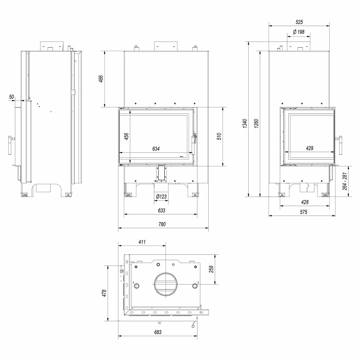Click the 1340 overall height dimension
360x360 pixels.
pyautogui.click(x=245, y=123)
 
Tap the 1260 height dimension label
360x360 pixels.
pyautogui.click(x=256, y=123)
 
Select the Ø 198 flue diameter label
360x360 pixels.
pyautogui.click(x=299, y=32)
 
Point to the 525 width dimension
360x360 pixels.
pyautogui.click(x=299, y=22)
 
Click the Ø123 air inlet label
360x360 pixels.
pyautogui.click(x=161, y=196)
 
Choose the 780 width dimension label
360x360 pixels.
pyautogui.click(x=162, y=224)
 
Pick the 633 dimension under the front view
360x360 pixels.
pyautogui.click(x=161, y=210)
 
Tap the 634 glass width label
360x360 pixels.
pyautogui.click(x=156, y=149)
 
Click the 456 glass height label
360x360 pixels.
pyautogui.click(x=126, y=136)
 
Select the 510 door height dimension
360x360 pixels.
pyautogui.click(x=219, y=136)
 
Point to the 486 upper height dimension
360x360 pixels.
pyautogui.click(x=101, y=78)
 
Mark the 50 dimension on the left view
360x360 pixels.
pyautogui.click(x=12, y=96)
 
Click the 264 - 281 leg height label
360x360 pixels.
pyautogui.click(x=345, y=181)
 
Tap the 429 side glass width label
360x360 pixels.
pyautogui.click(x=310, y=148)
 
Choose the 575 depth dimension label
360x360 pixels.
pyautogui.click(x=303, y=212)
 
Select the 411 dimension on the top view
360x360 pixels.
pyautogui.click(x=142, y=242)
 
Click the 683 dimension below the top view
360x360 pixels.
pyautogui.click(x=158, y=332)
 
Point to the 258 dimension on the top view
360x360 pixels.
pyautogui.click(x=211, y=269)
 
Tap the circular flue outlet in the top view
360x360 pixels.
pyautogui.click(x=166, y=284)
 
